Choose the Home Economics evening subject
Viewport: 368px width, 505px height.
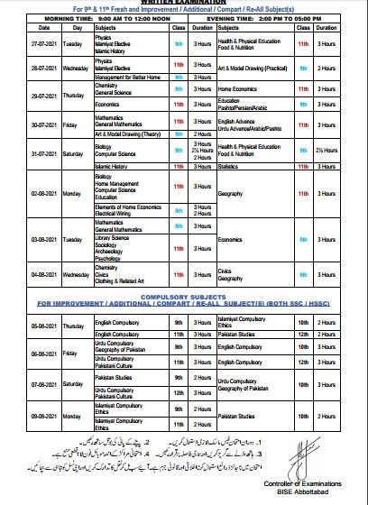click(x=239, y=90)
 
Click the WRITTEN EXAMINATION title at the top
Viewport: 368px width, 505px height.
click(x=183, y=3)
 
